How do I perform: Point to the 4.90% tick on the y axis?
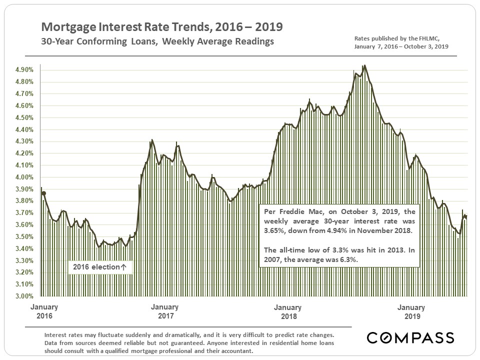click(x=24, y=70)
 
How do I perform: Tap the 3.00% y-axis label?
click(x=24, y=296)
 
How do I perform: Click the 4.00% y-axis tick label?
click(x=24, y=177)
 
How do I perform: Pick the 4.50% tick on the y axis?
click(x=24, y=117)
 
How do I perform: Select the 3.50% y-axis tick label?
click(x=24, y=236)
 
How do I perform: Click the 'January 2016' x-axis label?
click(x=44, y=311)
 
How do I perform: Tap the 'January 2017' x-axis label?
click(x=165, y=311)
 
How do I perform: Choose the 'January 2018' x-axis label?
click(x=288, y=311)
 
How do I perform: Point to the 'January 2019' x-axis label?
click(x=411, y=311)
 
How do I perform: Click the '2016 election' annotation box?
click(x=100, y=267)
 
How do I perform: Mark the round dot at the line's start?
click(x=44, y=193)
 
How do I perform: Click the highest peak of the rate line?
click(x=364, y=65)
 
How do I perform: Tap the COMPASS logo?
click(x=410, y=337)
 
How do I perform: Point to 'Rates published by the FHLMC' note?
click(x=396, y=38)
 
